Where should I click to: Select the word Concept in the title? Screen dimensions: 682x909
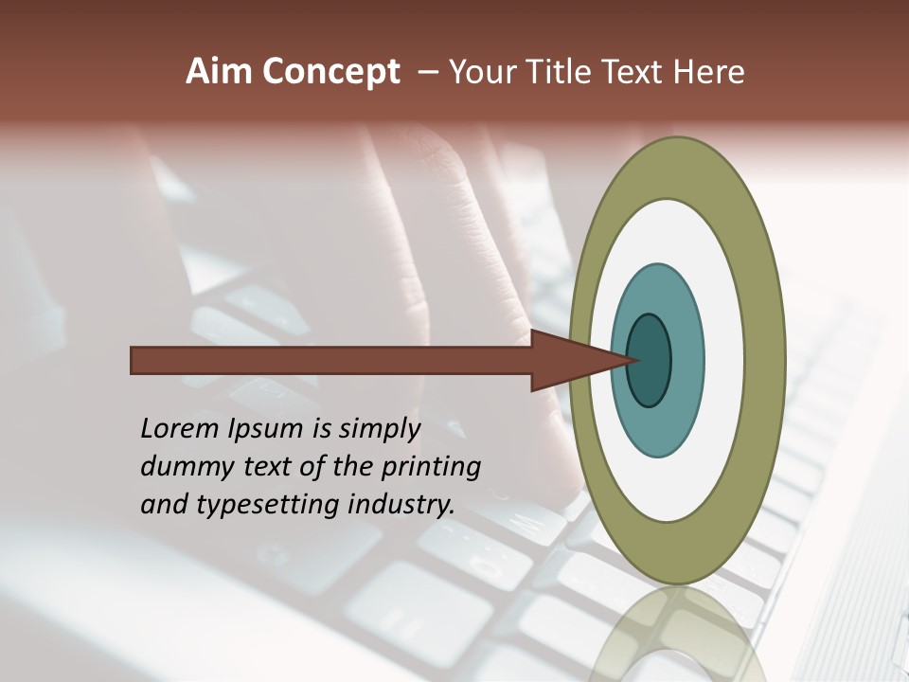click(330, 73)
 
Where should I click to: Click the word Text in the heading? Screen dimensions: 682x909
click(637, 72)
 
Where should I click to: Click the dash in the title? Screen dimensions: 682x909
click(428, 72)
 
